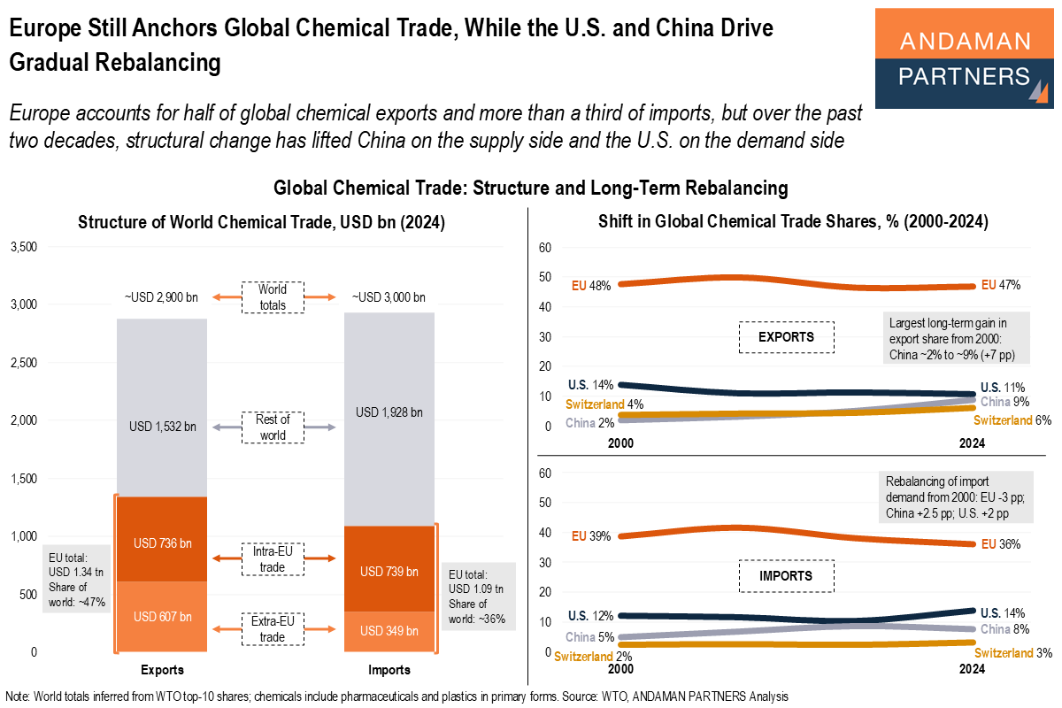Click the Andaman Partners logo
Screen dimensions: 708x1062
(964, 58)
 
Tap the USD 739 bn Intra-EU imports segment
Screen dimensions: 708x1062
(389, 571)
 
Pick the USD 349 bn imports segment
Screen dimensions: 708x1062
(389, 631)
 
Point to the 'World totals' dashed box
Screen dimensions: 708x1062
(273, 296)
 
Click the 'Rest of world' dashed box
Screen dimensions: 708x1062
(273, 427)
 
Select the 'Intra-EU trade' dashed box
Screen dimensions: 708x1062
(273, 558)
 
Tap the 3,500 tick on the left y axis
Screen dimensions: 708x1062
(23, 247)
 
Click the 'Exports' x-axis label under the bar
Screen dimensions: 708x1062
(162, 670)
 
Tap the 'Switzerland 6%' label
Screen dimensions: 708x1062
(1012, 420)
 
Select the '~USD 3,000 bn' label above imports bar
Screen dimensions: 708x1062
(389, 296)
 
